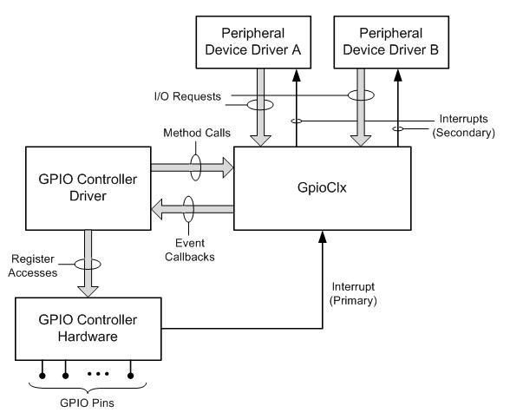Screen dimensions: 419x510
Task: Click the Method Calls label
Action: pyautogui.click(x=190, y=133)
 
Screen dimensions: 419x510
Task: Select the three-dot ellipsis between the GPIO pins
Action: pyautogui.click(x=98, y=375)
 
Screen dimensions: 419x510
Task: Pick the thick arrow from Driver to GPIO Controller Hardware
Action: pyautogui.click(x=88, y=260)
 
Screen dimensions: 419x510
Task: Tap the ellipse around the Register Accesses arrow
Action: pyautogui.click(x=88, y=265)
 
